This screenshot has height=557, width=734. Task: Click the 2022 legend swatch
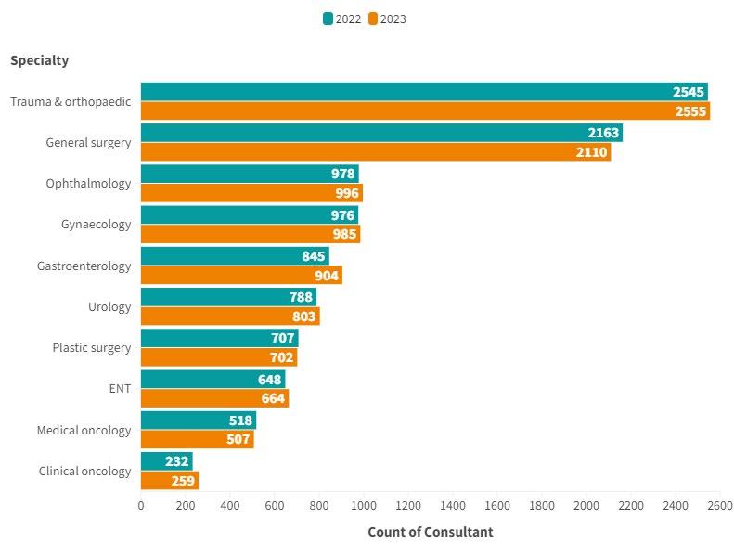(x=328, y=19)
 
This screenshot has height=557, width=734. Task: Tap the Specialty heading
(x=39, y=60)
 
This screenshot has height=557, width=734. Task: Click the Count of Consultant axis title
(x=431, y=532)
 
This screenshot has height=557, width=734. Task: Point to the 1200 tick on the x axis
(x=408, y=506)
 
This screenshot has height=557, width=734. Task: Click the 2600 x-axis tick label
(x=720, y=506)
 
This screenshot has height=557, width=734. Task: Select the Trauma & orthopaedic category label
(x=71, y=101)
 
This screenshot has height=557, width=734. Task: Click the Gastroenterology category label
(x=84, y=266)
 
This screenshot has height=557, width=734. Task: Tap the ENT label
(x=120, y=389)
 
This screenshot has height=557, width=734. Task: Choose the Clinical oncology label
(x=84, y=472)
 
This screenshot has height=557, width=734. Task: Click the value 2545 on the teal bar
(x=689, y=92)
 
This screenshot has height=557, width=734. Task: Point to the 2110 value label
(x=591, y=152)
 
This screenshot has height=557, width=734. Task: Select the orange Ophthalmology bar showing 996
(x=251, y=193)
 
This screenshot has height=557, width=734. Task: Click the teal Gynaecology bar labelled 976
(x=249, y=215)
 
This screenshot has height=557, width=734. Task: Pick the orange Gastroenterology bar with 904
(x=241, y=276)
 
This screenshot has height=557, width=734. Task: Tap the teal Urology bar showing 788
(x=228, y=297)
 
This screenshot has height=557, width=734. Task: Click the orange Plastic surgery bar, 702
(x=219, y=357)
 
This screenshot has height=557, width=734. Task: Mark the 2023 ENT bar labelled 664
(x=214, y=398)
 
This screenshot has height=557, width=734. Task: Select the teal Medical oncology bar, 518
(x=198, y=421)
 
